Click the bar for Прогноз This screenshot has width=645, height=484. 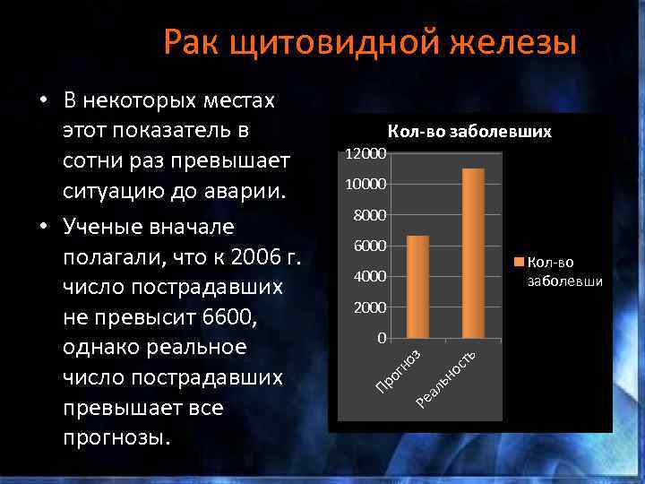pyautogui.click(x=417, y=287)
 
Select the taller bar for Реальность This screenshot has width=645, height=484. pyautogui.click(x=473, y=253)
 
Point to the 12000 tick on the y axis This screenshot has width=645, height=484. pyautogui.click(x=366, y=154)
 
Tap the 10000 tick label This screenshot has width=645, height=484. pyautogui.click(x=366, y=185)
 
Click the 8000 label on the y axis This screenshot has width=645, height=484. pyautogui.click(x=370, y=216)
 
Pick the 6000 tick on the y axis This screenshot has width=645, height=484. pyautogui.click(x=370, y=246)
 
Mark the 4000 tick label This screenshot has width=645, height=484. pyautogui.click(x=370, y=277)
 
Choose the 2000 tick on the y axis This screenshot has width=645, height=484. pyautogui.click(x=370, y=308)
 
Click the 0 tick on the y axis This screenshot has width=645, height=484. pyautogui.click(x=381, y=339)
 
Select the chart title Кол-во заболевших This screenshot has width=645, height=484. pyautogui.click(x=469, y=132)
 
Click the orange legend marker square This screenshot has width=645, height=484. pyautogui.click(x=519, y=262)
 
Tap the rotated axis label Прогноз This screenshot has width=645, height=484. pyautogui.click(x=398, y=369)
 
